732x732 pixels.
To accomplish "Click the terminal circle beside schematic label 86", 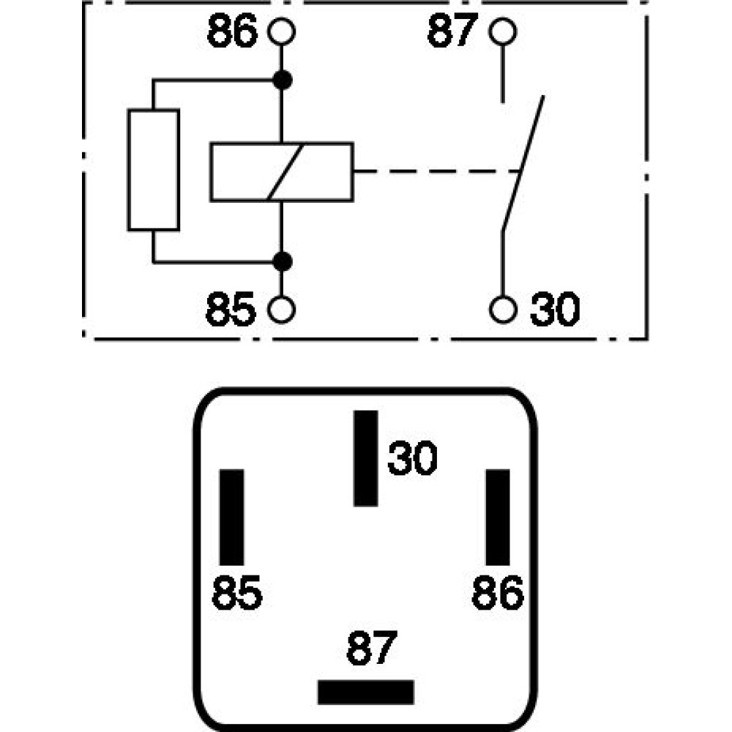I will (x=282, y=32).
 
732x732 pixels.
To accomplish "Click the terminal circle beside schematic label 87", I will (x=502, y=32).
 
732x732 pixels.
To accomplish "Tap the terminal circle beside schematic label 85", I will (x=282, y=310).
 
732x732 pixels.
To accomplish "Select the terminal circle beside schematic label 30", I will (x=502, y=310).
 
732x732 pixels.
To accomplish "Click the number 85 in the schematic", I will (x=231, y=310).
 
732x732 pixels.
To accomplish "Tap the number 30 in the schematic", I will (x=554, y=310).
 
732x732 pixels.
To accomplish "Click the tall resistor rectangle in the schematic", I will (x=154, y=170).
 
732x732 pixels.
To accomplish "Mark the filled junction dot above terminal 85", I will (x=282, y=260).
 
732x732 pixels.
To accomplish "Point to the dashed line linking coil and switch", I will (x=436, y=172).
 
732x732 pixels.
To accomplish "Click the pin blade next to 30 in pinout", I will (x=365, y=457).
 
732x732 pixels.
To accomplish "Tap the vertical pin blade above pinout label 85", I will (x=232, y=517).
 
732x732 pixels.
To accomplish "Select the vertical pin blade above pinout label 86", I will (x=498, y=517).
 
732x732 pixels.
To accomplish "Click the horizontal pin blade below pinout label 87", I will (x=365, y=692).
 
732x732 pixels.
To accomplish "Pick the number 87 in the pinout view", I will (x=371, y=648).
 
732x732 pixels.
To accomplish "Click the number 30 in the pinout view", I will (x=412, y=459).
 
